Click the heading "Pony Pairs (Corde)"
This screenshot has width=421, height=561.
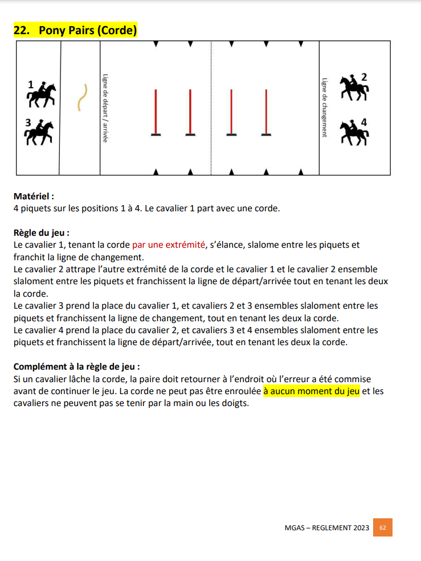click(88, 31)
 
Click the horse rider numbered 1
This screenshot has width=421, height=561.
click(42, 95)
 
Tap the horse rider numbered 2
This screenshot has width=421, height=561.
click(354, 88)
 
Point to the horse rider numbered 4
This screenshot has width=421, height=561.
click(354, 132)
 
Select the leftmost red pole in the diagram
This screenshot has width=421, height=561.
click(156, 112)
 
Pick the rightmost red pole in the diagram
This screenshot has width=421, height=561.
click(265, 112)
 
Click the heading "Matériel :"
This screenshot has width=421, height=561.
click(34, 196)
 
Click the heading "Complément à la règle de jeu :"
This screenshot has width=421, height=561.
click(76, 367)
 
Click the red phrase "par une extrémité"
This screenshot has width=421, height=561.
click(168, 245)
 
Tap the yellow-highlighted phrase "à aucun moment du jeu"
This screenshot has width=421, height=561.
click(311, 392)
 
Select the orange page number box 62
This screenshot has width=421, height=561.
click(383, 527)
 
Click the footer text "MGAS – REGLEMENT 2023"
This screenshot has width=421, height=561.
click(327, 528)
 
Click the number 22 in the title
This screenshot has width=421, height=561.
click(21, 31)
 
